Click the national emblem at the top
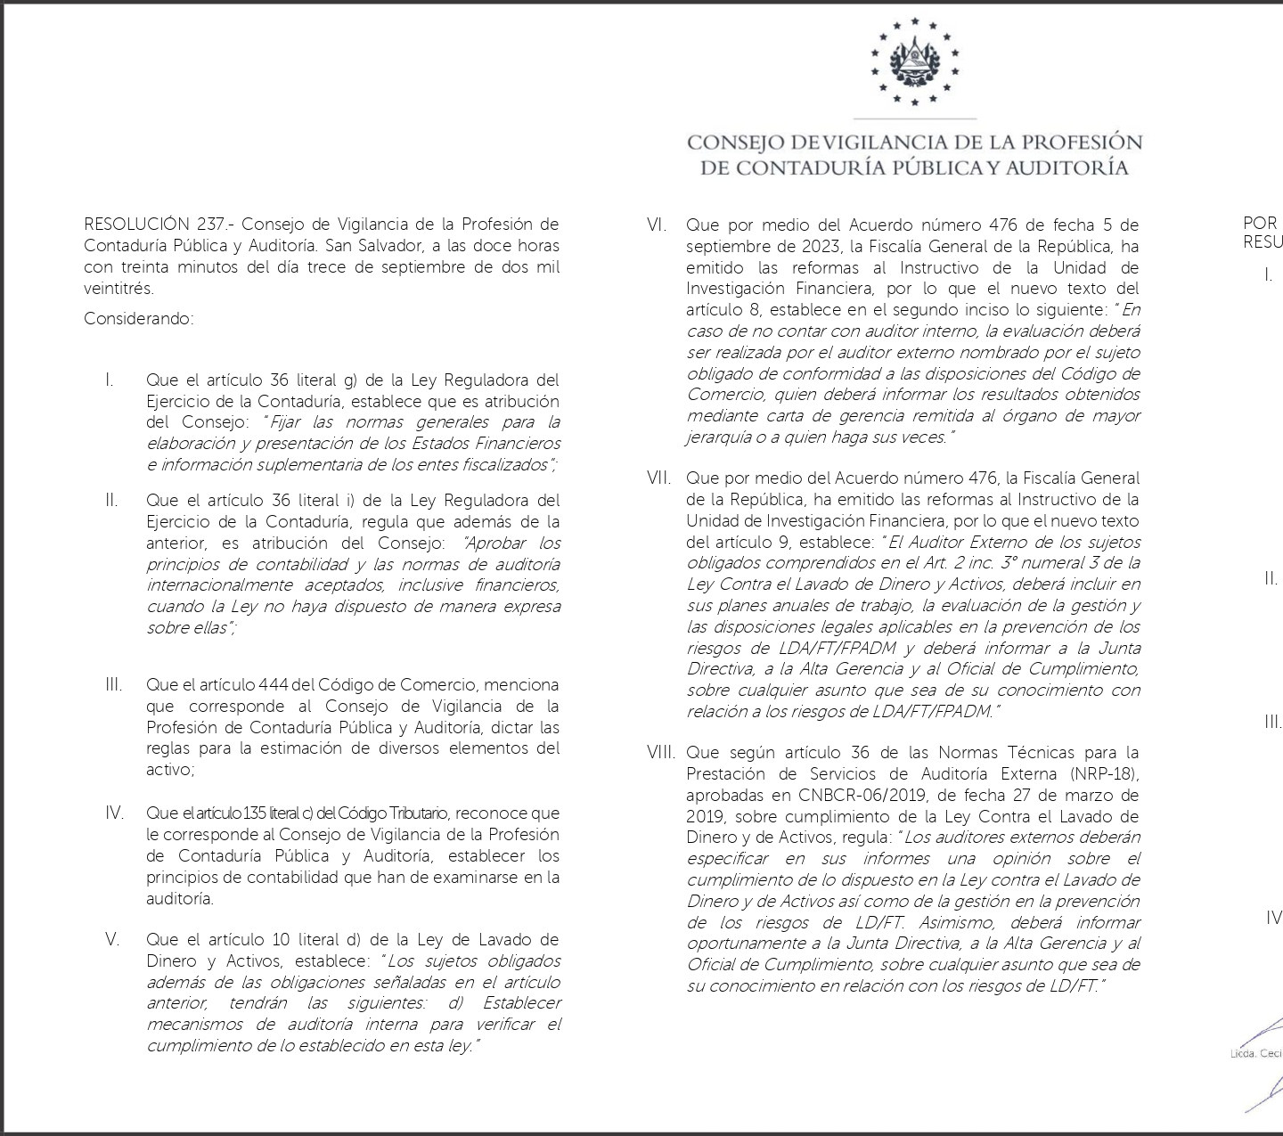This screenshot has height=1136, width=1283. pos(914,61)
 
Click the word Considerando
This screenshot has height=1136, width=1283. pos(138,318)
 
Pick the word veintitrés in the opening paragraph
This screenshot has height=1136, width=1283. pos(118,288)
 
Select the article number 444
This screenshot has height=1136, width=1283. pos(273,685)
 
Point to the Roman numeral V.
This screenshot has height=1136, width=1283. pos(112,939)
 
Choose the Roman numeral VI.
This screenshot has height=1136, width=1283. pos(657,225)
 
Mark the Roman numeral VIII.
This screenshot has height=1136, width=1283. pos(660,753)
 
